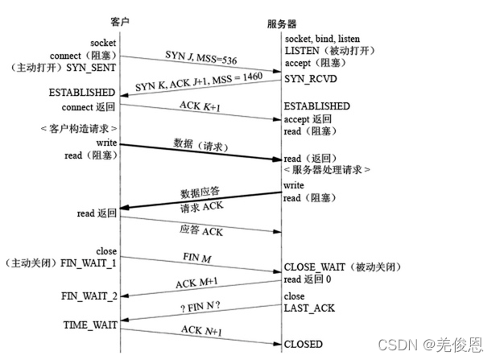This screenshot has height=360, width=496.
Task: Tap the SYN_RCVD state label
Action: coord(308,78)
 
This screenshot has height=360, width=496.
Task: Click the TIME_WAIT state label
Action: coord(90,325)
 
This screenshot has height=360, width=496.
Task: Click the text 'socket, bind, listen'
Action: coord(322,39)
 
